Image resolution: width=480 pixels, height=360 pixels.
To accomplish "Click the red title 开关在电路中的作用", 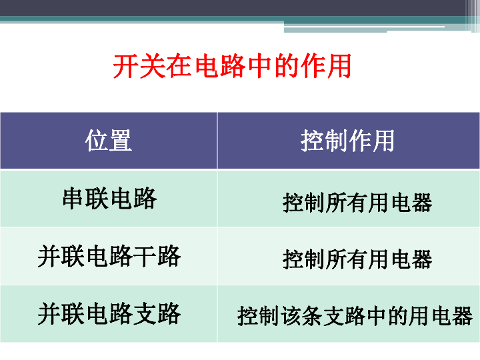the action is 232,66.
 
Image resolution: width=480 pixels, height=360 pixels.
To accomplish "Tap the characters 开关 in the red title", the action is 139,66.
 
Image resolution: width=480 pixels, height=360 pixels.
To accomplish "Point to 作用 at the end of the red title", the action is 326,66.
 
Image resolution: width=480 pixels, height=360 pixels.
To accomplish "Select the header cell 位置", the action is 109,140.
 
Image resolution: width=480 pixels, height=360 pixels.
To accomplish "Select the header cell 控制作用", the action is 347,141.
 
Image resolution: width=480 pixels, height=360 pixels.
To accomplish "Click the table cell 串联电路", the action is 109,199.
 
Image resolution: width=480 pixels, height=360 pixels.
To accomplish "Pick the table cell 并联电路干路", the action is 109,256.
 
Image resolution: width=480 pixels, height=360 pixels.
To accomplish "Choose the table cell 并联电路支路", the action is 109,313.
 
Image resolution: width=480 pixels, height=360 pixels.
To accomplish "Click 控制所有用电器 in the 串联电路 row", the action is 357,203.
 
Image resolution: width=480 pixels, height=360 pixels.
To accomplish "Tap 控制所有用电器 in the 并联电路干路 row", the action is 357,259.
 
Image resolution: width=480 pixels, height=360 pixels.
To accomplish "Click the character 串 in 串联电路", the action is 74,199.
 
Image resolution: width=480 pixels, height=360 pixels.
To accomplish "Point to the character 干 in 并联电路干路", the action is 145,256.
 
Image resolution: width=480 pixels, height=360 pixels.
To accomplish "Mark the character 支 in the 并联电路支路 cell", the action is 145,313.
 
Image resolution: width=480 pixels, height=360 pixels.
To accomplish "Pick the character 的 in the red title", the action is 287,66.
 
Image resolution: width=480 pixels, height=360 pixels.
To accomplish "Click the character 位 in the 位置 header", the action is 97,140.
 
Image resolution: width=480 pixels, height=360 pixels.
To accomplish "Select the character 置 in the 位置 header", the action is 121,140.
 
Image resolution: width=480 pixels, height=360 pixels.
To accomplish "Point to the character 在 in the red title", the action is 179,66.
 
